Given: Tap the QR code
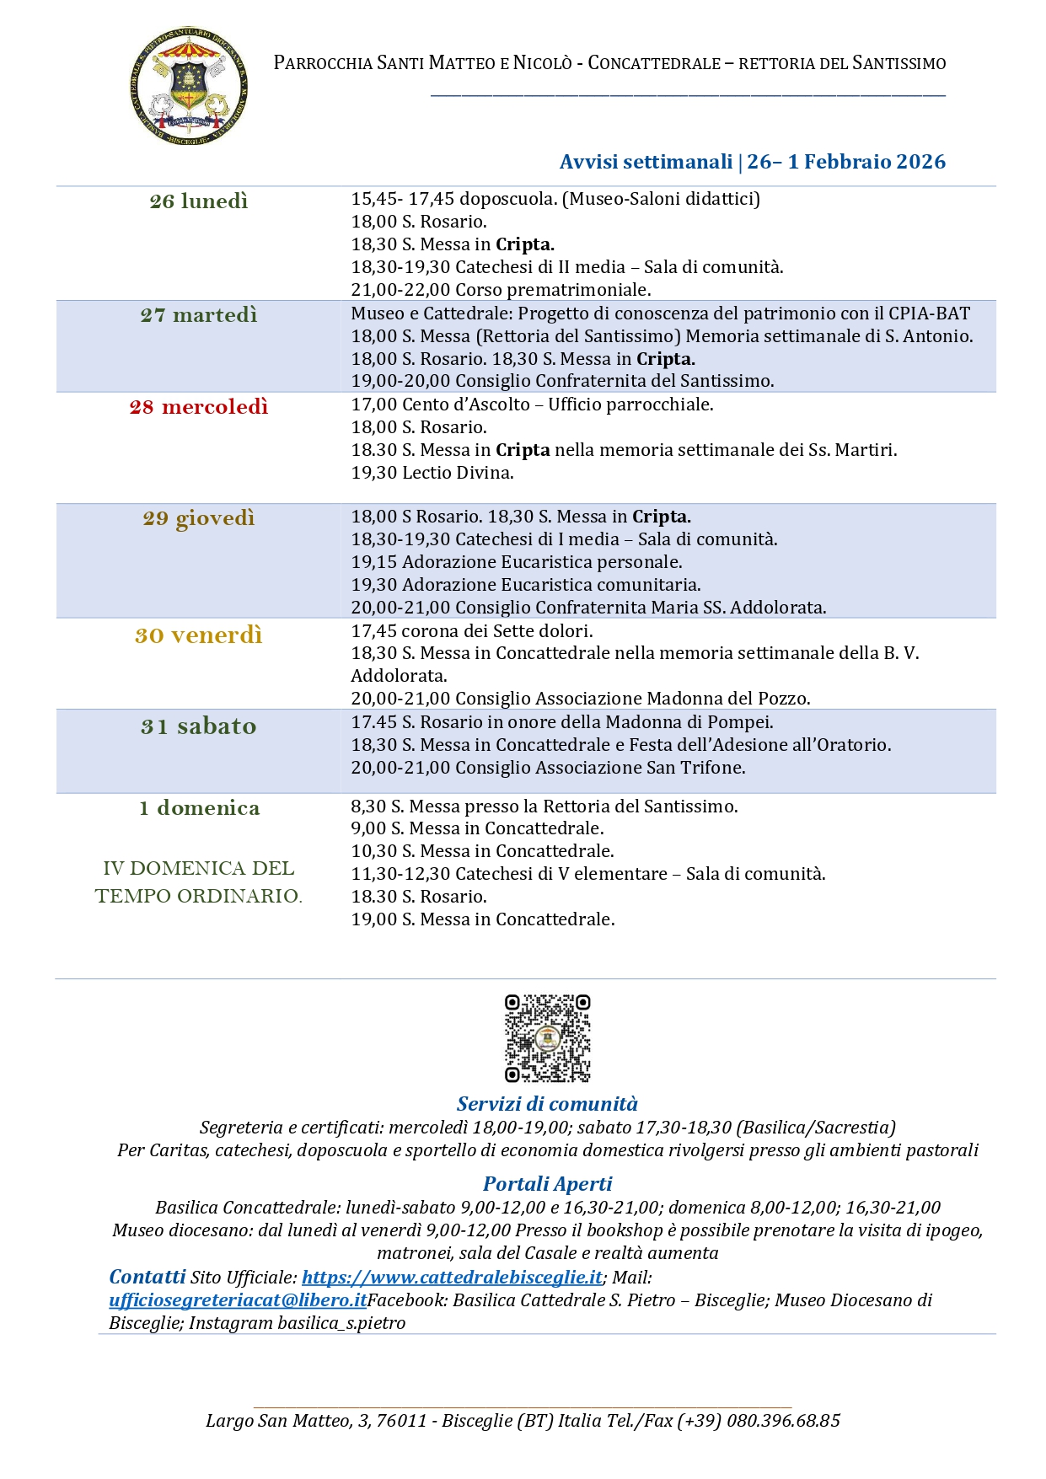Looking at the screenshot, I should pyautogui.click(x=547, y=1037).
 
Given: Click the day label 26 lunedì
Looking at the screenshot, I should pyautogui.click(x=199, y=201).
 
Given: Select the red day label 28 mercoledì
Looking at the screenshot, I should pyautogui.click(x=199, y=407).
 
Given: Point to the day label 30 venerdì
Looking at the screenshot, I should pyautogui.click(x=199, y=635).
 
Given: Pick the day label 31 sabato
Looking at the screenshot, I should pyautogui.click(x=199, y=726).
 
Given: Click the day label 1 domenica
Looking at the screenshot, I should pyautogui.click(x=199, y=808).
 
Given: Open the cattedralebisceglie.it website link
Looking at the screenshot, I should pyautogui.click(x=453, y=1278).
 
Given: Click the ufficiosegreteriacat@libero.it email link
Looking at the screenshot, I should pyautogui.click(x=238, y=1300).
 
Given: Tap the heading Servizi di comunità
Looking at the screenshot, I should pyautogui.click(x=547, y=1104).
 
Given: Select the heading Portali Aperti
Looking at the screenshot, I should pyautogui.click(x=547, y=1184).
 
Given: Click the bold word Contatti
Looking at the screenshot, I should pyautogui.click(x=148, y=1277).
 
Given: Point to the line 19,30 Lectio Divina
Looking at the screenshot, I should pyautogui.click(x=432, y=473).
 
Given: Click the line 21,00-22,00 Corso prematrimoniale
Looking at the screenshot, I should pyautogui.click(x=501, y=290).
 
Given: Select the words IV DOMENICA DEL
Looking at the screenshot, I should pyautogui.click(x=199, y=868).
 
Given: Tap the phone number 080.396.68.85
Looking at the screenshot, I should pyautogui.click(x=783, y=1421).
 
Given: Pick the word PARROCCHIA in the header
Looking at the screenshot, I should pyautogui.click(x=322, y=63).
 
